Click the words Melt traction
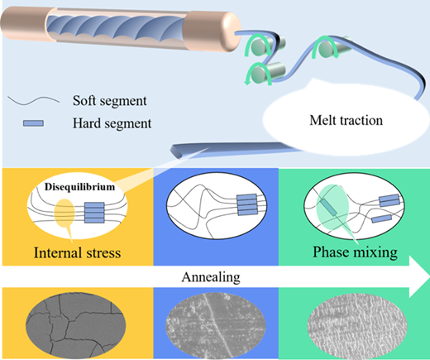tap(346, 121)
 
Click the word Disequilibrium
tap(80, 187)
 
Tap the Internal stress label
tap(77, 252)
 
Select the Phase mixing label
tap(355, 252)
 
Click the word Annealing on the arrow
tap(211, 277)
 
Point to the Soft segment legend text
tap(110, 101)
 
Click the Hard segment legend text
tap(112, 123)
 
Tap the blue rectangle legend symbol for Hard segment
tap(33, 123)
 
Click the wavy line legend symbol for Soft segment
tap(33, 100)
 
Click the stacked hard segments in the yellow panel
tap(94, 213)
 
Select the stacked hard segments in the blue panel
tap(247, 204)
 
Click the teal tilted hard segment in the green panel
tap(328, 207)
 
